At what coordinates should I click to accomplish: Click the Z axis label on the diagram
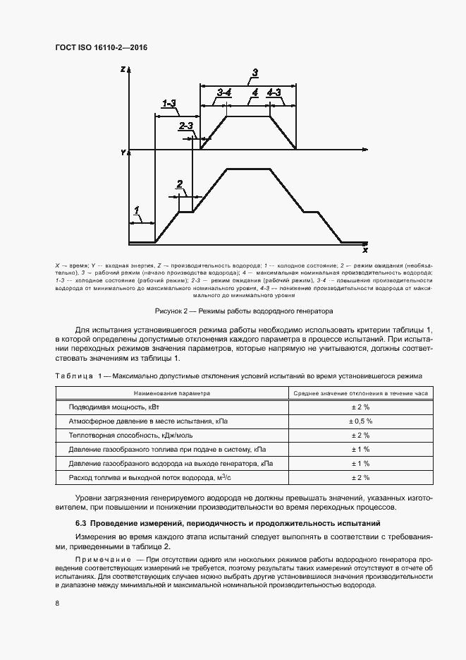point(123,69)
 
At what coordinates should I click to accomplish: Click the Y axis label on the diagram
point(123,152)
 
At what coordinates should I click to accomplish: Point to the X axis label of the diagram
point(365,250)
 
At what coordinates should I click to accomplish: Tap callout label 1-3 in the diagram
point(168,104)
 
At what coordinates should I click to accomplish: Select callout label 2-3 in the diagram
point(185,126)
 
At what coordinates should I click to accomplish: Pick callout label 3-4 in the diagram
point(224,92)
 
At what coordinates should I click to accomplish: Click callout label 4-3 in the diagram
point(274,92)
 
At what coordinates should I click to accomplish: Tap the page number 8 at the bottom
point(56,602)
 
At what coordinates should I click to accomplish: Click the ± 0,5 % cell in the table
point(360,421)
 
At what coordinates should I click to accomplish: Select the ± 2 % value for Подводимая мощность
point(360,407)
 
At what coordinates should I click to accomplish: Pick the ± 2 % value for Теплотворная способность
point(360,435)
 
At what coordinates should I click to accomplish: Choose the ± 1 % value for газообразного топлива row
point(360,449)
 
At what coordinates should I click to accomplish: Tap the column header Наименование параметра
point(168,392)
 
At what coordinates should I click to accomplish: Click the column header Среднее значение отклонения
point(360,392)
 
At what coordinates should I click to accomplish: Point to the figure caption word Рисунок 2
point(172,311)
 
